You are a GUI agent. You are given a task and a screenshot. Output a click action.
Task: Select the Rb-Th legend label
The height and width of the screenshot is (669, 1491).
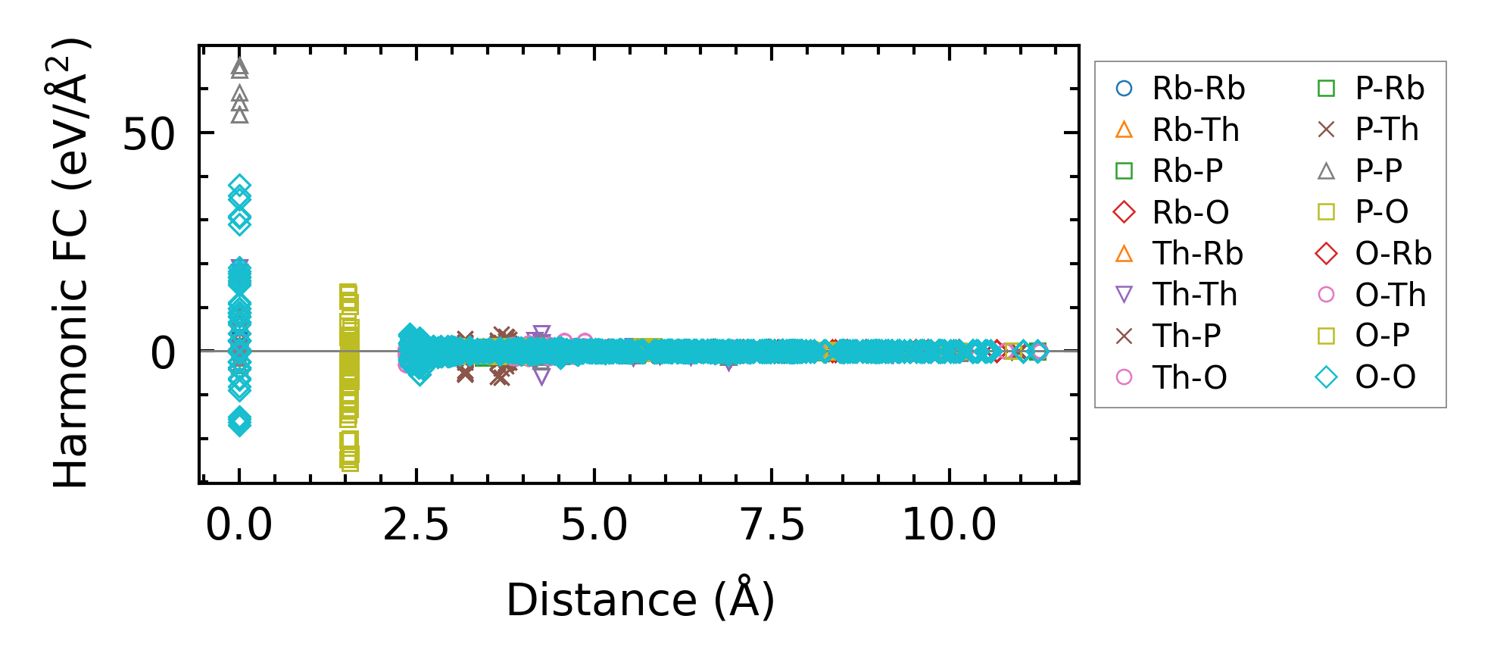coord(1196,130)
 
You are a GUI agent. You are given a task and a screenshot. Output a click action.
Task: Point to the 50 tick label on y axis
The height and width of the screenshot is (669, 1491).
coord(148,135)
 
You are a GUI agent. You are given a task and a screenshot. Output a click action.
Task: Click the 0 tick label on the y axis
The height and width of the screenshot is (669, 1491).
coord(163,353)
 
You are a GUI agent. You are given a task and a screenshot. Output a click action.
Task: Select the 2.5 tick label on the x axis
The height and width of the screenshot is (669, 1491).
coord(416,525)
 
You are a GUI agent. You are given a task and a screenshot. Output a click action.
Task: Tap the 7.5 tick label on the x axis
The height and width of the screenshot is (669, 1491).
coord(772,525)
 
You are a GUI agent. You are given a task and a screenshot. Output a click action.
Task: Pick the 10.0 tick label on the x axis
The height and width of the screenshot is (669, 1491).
coord(949,525)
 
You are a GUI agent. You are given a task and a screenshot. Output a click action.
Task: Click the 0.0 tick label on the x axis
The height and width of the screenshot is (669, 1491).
coord(239,525)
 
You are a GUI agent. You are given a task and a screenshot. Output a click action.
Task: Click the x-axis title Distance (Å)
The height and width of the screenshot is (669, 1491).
coord(640,600)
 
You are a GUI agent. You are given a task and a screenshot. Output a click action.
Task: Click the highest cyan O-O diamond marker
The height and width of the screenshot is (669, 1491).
coord(239,185)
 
